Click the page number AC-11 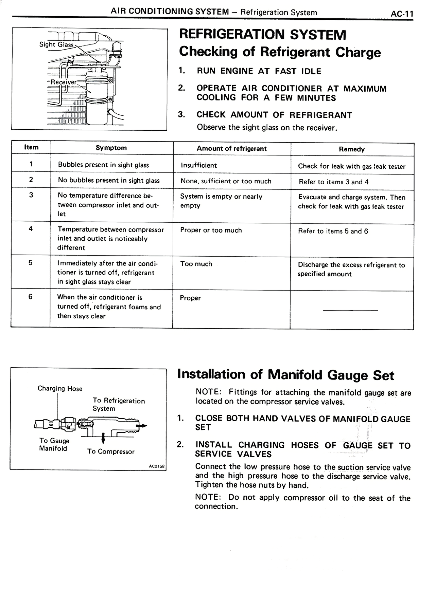click(402, 14)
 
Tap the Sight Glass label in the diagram click(56, 44)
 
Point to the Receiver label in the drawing click(64, 82)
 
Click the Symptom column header click(111, 148)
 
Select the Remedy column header click(352, 149)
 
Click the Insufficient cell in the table click(199, 165)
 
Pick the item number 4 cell click(31, 228)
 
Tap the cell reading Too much click(196, 264)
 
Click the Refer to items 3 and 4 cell click(333, 182)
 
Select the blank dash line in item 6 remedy click(350, 310)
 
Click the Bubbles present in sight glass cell click(103, 165)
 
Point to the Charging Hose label click(60, 388)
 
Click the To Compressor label click(111, 451)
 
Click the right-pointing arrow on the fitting click(143, 426)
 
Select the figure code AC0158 click(156, 466)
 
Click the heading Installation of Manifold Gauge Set click(285, 375)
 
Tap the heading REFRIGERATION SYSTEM click(262, 34)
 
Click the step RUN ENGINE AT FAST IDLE click(259, 71)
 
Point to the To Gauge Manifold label click(54, 444)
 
